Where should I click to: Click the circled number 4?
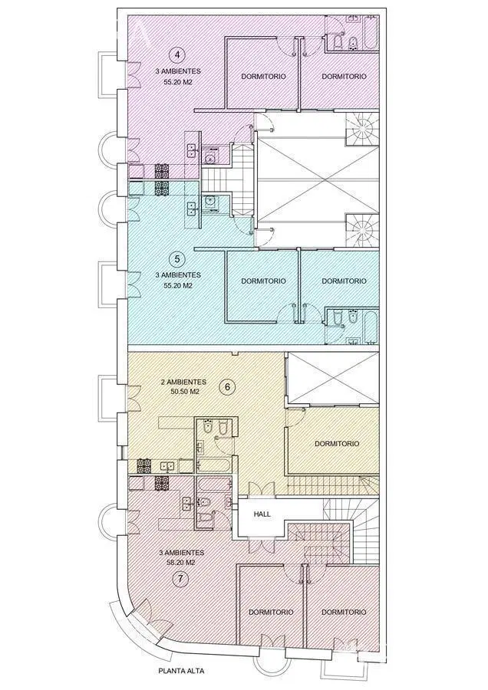(177, 55)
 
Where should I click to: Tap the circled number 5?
(177, 258)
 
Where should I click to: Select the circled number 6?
(228, 387)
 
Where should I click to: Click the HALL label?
(262, 514)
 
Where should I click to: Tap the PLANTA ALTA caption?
(181, 672)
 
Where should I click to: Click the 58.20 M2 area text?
(181, 563)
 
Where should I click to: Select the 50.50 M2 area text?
(183, 392)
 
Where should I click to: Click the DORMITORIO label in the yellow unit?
(337, 444)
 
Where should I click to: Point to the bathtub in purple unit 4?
(371, 33)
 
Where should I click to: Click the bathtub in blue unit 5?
(371, 327)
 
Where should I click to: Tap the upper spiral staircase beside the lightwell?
(362, 129)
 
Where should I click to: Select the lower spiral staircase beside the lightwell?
(362, 231)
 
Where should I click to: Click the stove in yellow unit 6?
(144, 466)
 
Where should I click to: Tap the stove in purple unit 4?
(162, 171)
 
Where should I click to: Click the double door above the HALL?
(262, 489)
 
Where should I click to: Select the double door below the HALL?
(262, 545)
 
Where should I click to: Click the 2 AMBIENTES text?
(183, 382)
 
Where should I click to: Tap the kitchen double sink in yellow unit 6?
(167, 466)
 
